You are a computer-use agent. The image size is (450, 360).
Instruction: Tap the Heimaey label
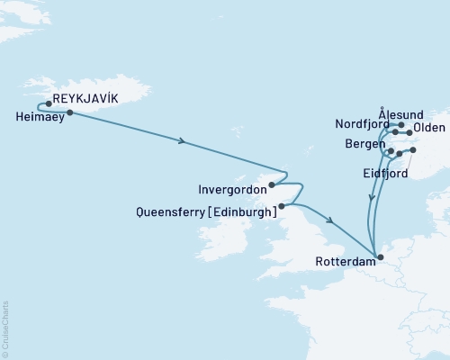40,116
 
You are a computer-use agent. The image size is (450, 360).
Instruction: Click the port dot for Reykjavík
49,103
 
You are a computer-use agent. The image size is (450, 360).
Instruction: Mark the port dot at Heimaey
69,112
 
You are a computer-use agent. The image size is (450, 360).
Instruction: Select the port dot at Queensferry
282,206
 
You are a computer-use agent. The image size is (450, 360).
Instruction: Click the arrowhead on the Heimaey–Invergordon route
184,141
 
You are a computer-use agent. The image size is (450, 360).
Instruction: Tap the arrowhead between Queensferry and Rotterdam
332,221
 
